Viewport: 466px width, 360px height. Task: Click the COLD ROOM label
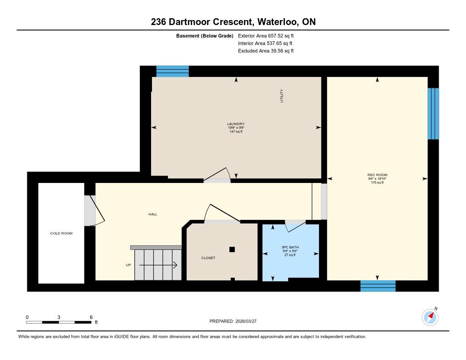click(61, 233)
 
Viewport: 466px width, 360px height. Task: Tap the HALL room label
click(153, 214)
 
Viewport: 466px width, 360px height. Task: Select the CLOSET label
click(208, 258)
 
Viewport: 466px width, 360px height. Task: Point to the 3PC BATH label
click(290, 247)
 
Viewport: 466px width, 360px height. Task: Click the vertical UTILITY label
click(281, 96)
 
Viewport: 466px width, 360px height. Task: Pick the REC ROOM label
click(377, 175)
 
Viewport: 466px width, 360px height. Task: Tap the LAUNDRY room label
click(236, 124)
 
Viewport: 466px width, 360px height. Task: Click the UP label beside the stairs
click(128, 265)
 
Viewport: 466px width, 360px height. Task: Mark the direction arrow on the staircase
click(158, 265)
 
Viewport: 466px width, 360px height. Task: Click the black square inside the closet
click(232, 249)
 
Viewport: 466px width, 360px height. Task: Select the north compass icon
click(430, 317)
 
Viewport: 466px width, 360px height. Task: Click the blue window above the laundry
click(172, 71)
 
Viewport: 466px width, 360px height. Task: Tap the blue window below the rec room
click(378, 286)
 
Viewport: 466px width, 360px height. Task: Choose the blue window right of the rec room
click(433, 114)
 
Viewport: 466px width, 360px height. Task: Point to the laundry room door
click(217, 175)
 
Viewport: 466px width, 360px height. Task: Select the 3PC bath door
click(295, 226)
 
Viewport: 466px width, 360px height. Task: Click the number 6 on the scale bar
click(91, 317)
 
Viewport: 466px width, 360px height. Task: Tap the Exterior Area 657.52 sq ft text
click(266, 35)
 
